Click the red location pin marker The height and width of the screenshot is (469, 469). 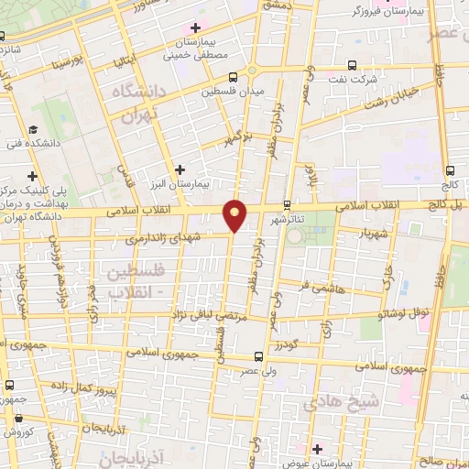click(235, 216)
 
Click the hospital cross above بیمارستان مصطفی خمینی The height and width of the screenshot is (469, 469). click(196, 28)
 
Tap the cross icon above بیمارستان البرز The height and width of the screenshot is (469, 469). click(180, 169)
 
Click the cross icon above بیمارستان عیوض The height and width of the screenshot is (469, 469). click(317, 449)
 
